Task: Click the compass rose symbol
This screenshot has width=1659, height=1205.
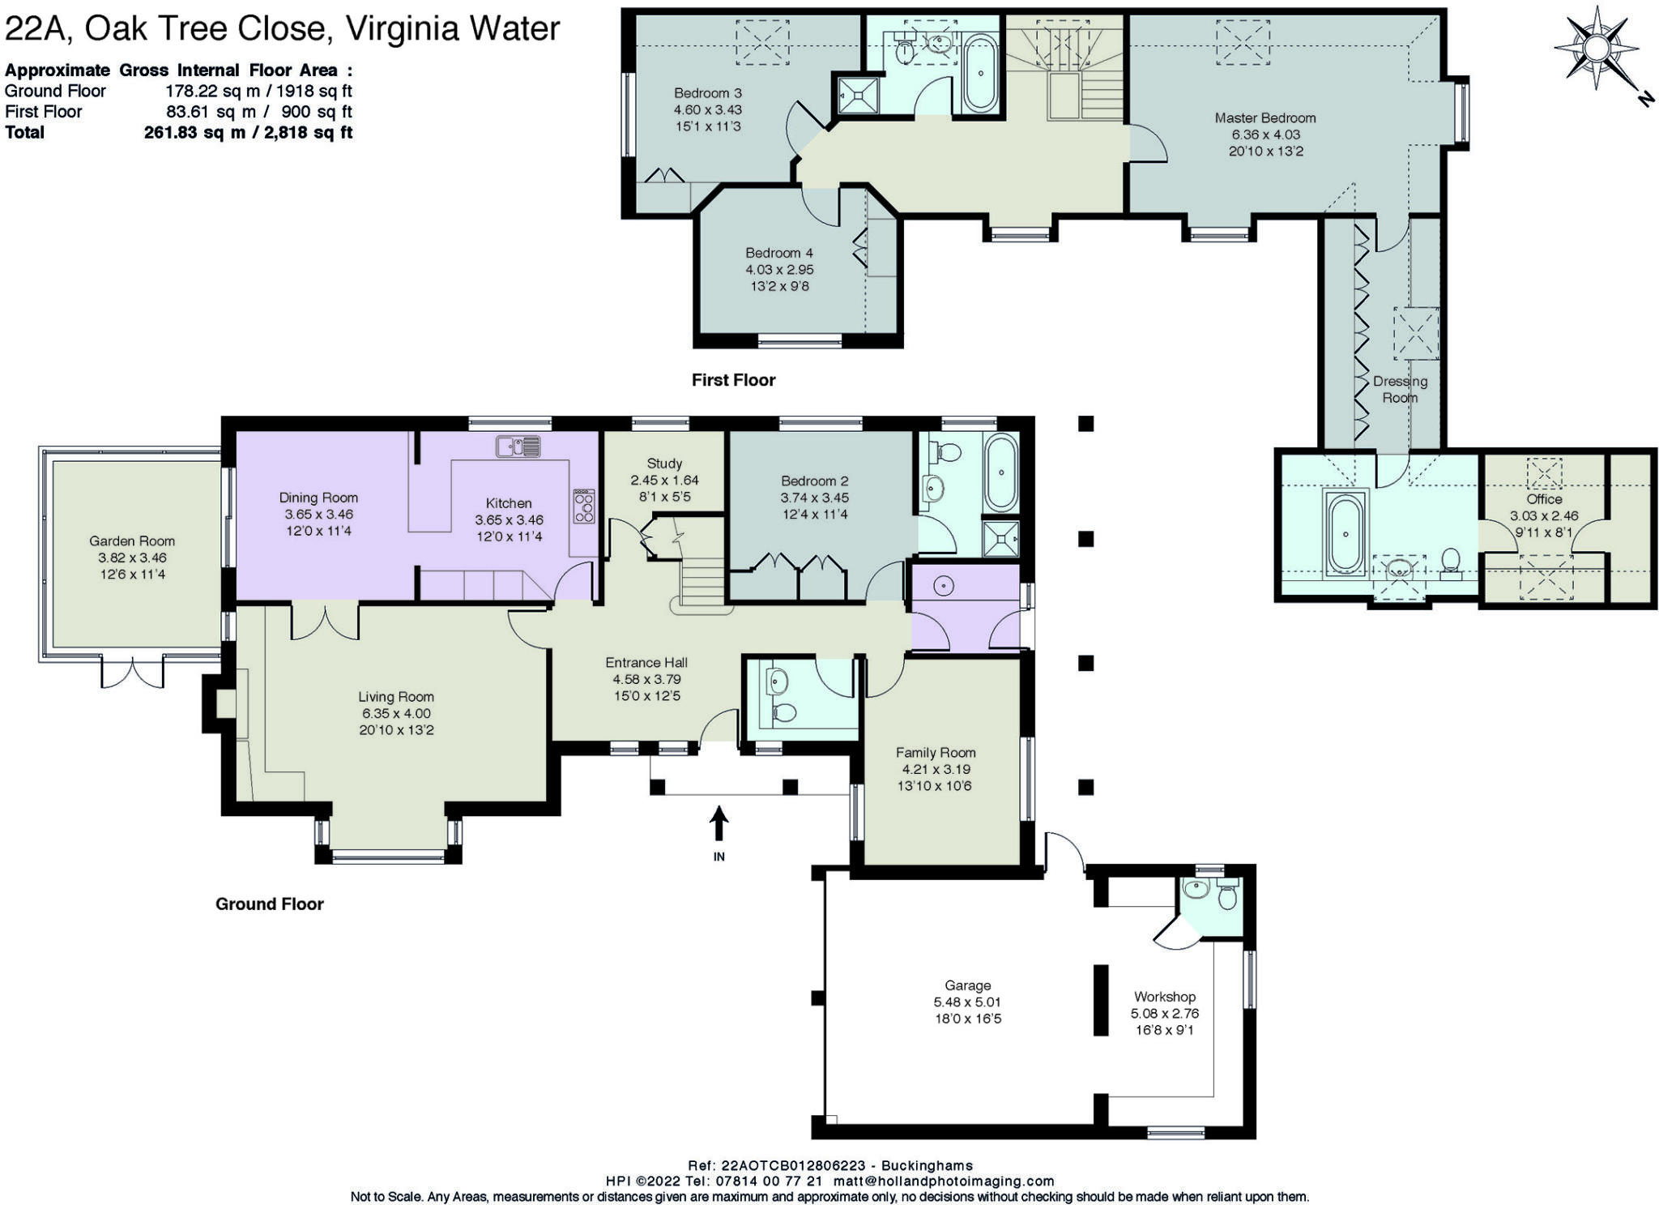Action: pos(1595,48)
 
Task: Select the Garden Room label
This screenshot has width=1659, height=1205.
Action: pos(132,541)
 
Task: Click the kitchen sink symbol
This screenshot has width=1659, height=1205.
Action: pos(518,447)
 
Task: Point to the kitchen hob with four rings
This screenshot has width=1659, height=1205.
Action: pos(583,506)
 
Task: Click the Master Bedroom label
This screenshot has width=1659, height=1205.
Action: pos(1265,118)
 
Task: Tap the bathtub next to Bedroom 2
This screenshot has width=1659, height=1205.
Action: pos(1001,472)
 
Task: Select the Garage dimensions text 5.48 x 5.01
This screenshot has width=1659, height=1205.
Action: pos(967,1002)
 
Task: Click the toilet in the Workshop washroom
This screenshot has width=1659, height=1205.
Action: pos(1227,897)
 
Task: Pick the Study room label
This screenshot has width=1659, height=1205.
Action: pos(664,464)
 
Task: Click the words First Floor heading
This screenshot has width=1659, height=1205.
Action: pos(733,380)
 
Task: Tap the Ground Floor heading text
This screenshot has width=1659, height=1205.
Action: pos(269,904)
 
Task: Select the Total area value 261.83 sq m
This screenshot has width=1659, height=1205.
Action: pos(194,132)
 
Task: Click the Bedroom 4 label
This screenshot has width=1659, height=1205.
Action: pos(778,253)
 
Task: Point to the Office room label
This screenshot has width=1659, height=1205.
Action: pos(1544,499)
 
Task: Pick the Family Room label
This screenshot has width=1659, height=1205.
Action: pos(935,752)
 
